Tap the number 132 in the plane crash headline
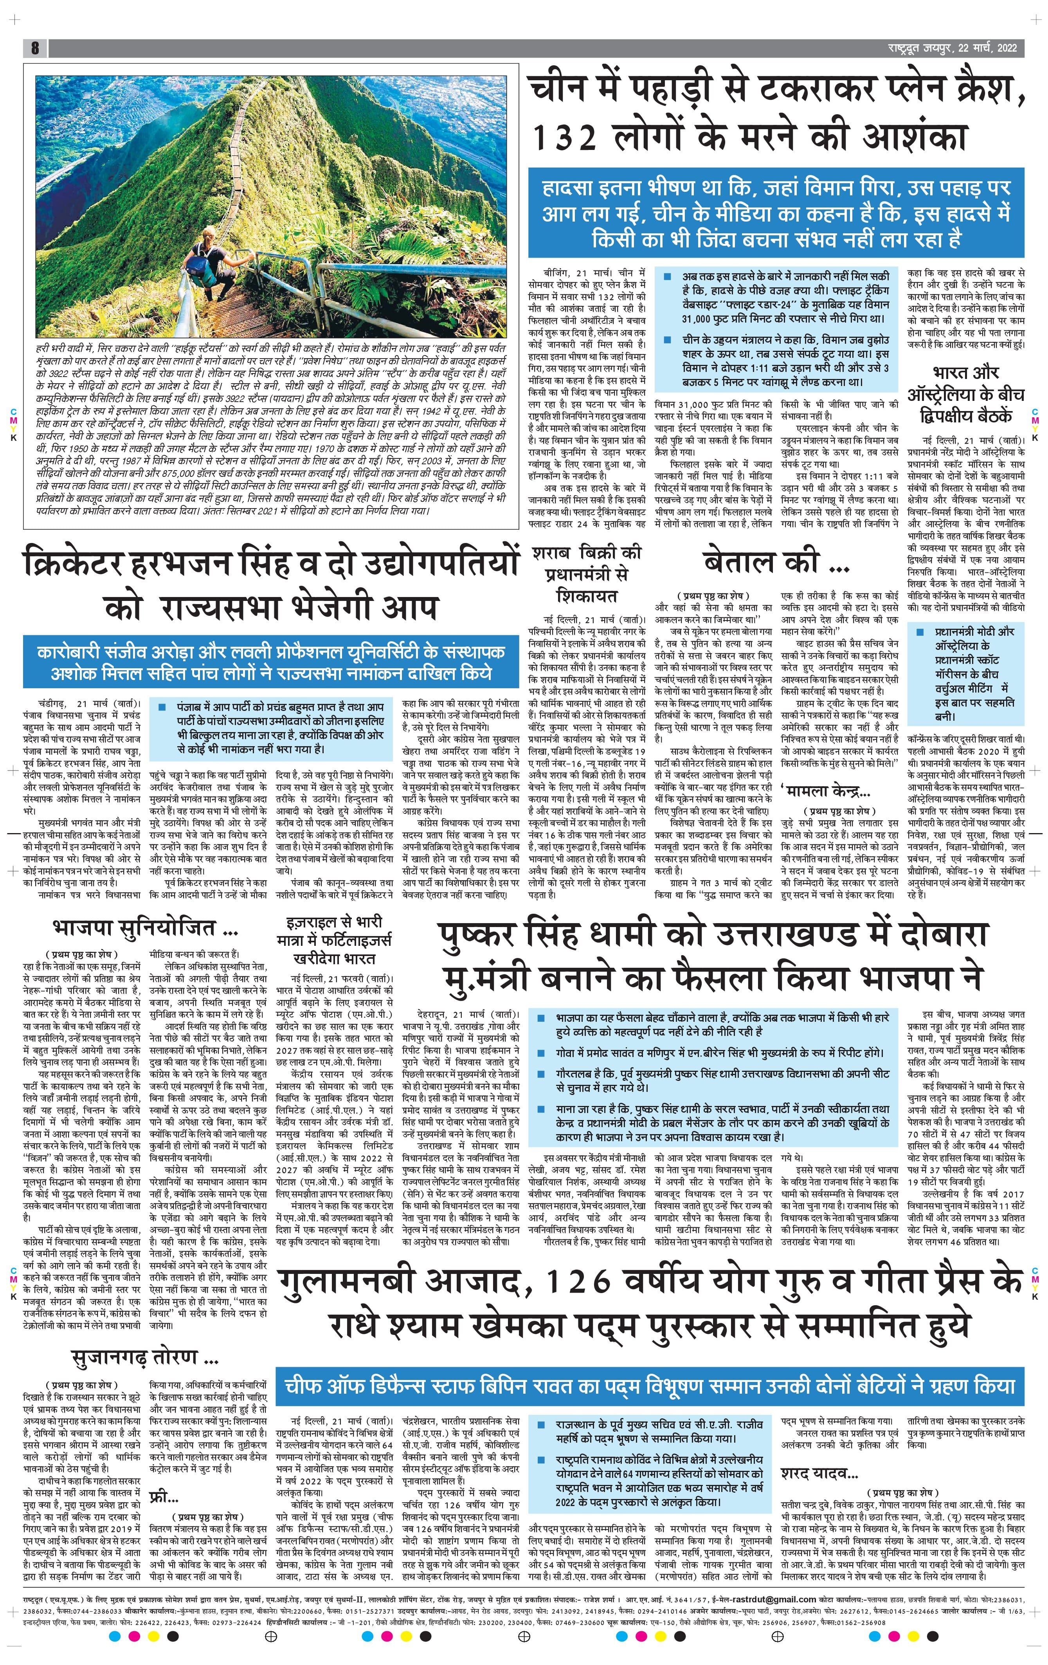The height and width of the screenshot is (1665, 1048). [564, 137]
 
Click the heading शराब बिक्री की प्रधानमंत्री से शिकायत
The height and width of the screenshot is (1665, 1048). [586, 573]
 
